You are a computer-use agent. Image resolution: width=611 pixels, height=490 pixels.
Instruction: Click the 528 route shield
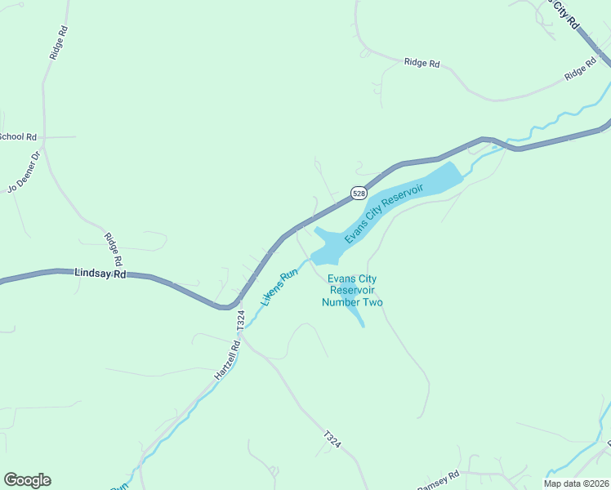(x=359, y=193)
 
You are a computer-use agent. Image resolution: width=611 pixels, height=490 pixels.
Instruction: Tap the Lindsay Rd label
(x=100, y=274)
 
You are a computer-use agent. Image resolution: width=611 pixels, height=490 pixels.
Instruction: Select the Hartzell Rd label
(x=228, y=359)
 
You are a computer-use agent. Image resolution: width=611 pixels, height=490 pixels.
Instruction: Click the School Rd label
(x=18, y=136)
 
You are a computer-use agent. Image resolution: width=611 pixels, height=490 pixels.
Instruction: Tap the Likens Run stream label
(x=279, y=288)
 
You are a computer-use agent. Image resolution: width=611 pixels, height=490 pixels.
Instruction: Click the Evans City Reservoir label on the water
(x=384, y=213)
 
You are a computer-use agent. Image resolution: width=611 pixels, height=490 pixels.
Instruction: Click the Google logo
(x=27, y=480)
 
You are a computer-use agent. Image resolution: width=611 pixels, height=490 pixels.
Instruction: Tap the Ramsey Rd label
(x=439, y=479)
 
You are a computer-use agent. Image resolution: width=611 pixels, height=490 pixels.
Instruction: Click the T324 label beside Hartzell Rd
(x=240, y=320)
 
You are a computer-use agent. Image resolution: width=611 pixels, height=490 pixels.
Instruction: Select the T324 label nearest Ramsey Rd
(x=332, y=439)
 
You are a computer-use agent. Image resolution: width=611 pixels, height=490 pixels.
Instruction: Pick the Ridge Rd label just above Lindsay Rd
(x=113, y=250)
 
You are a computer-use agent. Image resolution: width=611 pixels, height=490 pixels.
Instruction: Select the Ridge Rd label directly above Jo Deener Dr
(x=57, y=42)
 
